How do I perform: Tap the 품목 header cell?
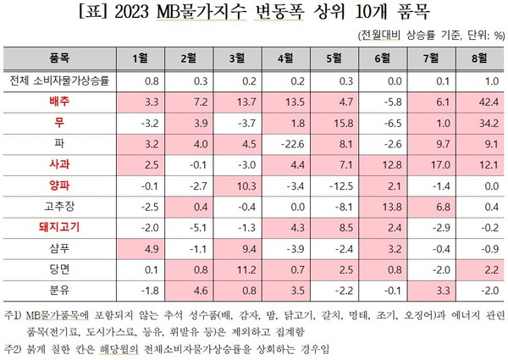coord(58,57)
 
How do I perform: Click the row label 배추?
coord(58,100)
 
